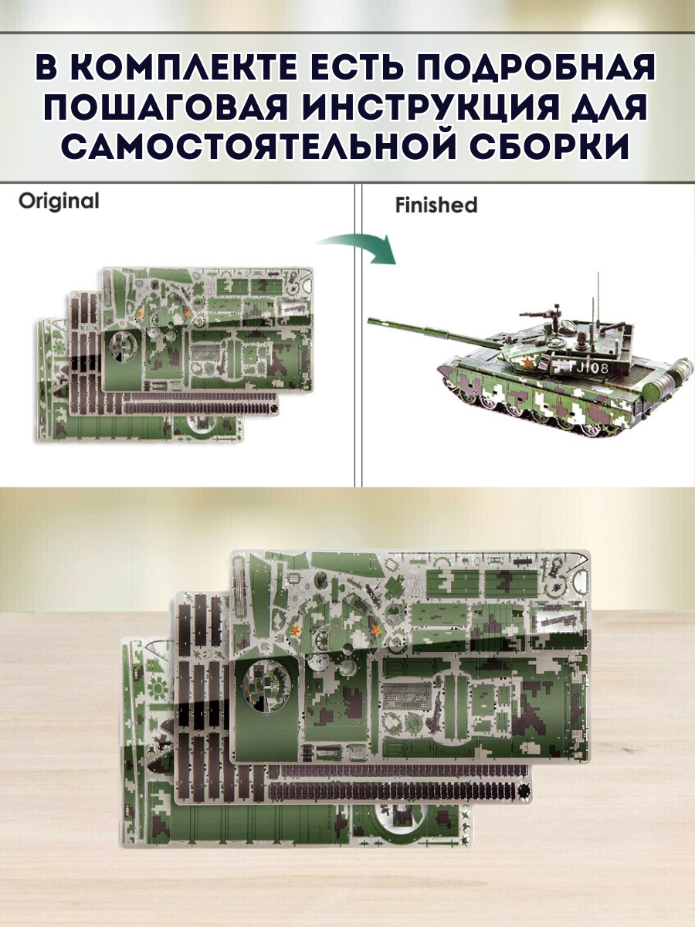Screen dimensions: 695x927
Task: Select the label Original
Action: click(x=59, y=201)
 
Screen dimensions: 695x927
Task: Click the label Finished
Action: click(x=436, y=205)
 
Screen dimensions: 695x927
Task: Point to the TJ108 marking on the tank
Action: click(x=588, y=368)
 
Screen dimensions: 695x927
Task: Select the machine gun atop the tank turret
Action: click(x=540, y=314)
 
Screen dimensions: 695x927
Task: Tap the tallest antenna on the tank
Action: click(x=599, y=305)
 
